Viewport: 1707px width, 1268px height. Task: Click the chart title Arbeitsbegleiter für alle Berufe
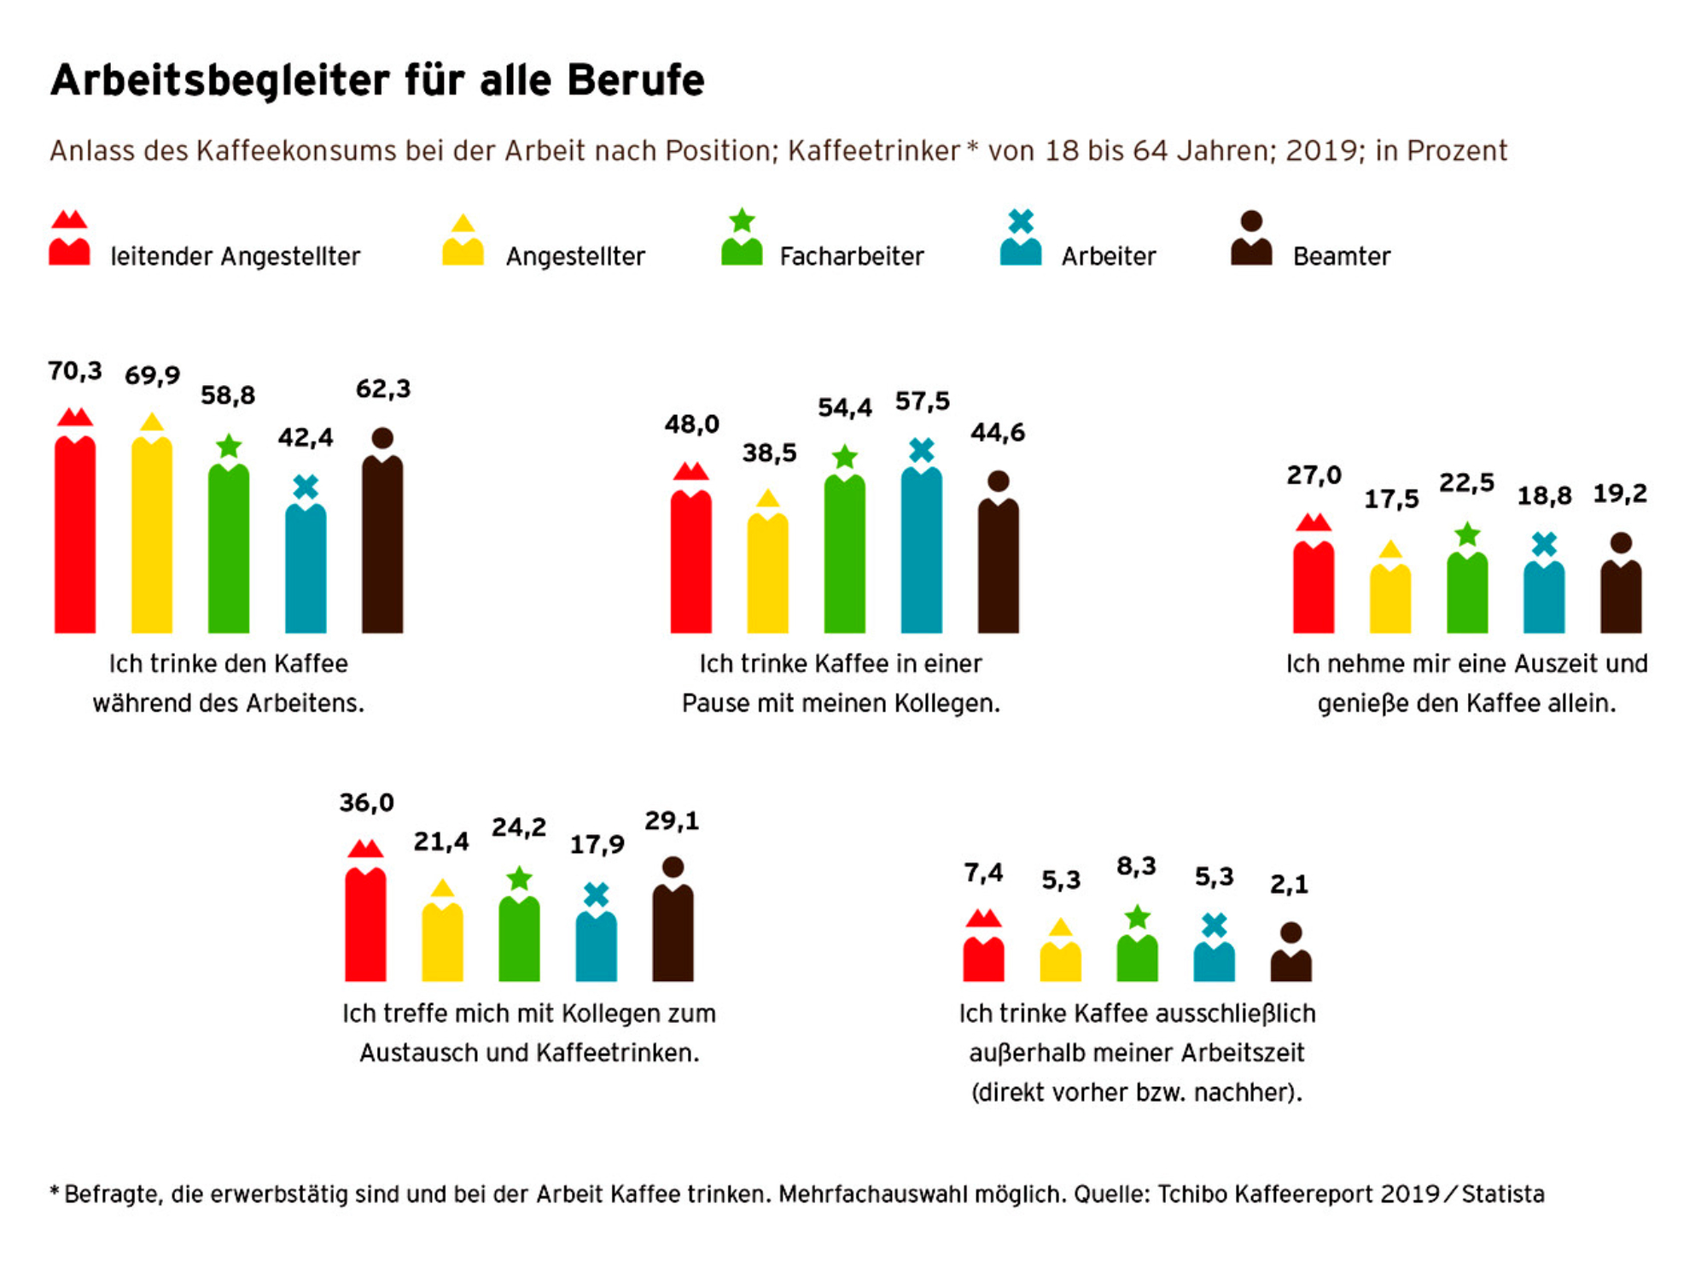(377, 80)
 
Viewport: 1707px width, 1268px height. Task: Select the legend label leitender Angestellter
(235, 256)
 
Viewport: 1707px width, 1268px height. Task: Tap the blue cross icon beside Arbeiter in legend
(1021, 221)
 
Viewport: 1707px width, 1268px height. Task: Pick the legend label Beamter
(1341, 256)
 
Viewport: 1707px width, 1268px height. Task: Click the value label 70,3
(75, 371)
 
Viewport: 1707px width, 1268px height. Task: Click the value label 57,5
(922, 401)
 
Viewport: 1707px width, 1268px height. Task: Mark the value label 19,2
(1620, 494)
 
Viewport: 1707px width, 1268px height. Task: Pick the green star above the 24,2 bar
(519, 879)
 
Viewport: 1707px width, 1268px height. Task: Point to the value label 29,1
(672, 821)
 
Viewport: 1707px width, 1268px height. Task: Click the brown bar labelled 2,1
(1290, 967)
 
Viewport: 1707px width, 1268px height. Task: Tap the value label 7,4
(983, 873)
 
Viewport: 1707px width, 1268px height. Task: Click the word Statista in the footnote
(1503, 1194)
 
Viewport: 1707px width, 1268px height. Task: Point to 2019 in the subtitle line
(1322, 150)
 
